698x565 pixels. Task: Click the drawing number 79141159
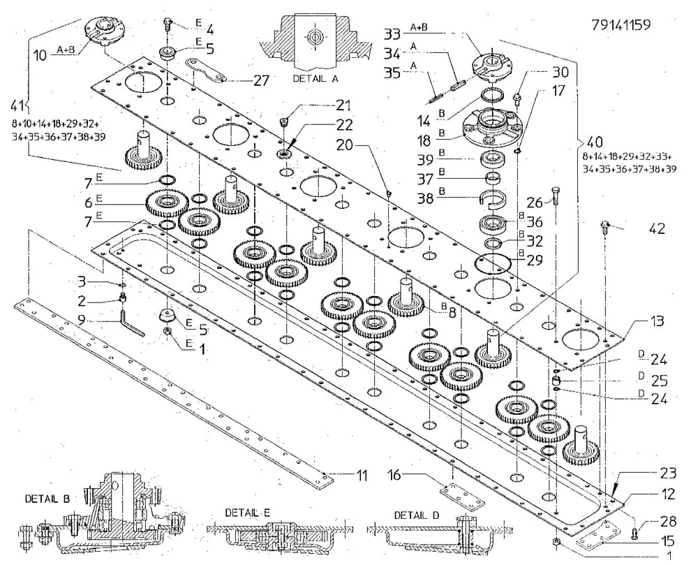[x=621, y=25]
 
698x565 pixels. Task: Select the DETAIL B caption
[x=47, y=499]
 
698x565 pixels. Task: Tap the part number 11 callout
[x=361, y=476]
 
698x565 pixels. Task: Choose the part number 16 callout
[x=394, y=476]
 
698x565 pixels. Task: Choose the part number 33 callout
[x=392, y=34]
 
